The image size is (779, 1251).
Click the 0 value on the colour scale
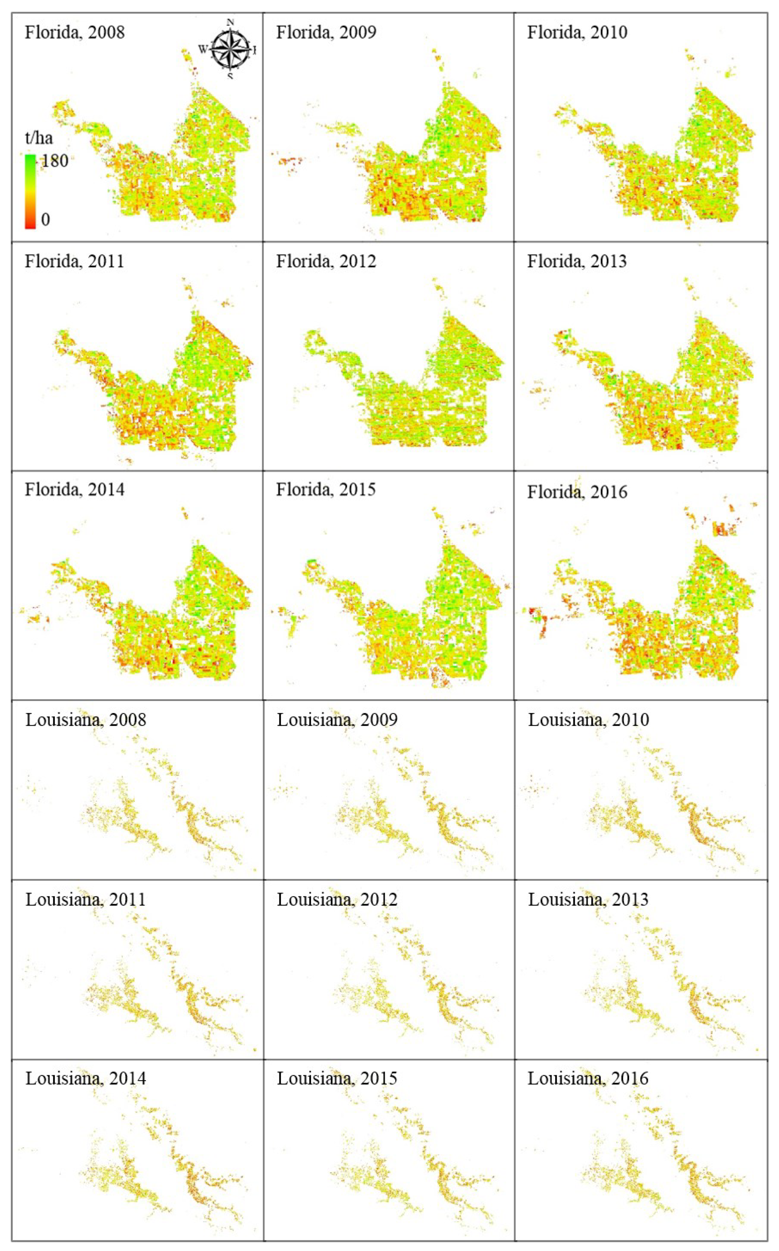point(45,220)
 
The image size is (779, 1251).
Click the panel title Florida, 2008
point(75,32)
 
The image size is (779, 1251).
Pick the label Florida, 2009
point(326,32)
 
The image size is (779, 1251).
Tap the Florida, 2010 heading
point(577,32)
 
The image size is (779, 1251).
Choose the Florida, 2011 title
point(75,261)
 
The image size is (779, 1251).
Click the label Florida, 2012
point(326,261)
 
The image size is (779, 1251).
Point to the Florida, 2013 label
point(577,261)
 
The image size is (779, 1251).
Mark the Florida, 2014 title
point(75,489)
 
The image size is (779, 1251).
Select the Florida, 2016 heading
point(577,492)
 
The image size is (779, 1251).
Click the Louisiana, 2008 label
point(86,720)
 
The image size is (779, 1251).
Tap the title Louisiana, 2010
point(588,720)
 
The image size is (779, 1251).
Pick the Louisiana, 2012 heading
point(338,900)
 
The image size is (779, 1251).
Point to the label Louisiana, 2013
point(588,900)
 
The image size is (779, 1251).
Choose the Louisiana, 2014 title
point(86,1078)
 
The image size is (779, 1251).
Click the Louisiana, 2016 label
point(588,1078)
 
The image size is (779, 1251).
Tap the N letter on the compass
point(230,22)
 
